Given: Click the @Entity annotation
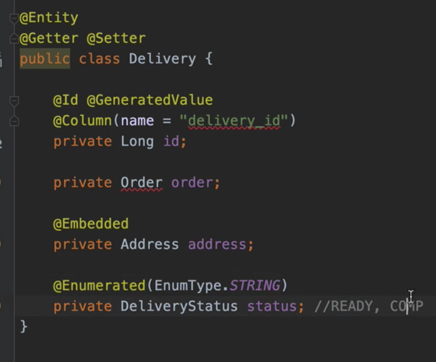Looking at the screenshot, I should coord(49,18).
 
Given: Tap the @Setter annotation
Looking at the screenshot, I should coord(116,38).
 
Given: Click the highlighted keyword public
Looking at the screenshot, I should coord(44,59).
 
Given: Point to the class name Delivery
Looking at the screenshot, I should coord(162,59).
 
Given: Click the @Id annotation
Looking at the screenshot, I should coord(66,100).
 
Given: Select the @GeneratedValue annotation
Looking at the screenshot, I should coord(149,100).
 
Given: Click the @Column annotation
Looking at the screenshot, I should coord(83,121).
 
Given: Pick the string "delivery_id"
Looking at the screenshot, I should coord(234,121).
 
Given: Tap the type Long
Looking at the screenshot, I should coord(137,141).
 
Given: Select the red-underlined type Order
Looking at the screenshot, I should coord(141,182).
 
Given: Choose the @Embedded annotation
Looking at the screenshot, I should coord(91,224).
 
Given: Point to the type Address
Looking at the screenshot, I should coord(150,244).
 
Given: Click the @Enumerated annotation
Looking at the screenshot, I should coord(99,285).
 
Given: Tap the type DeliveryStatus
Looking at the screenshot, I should coord(179,306).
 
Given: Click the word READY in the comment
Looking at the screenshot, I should coord(351,306).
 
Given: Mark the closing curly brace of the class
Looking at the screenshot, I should coord(24,326).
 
